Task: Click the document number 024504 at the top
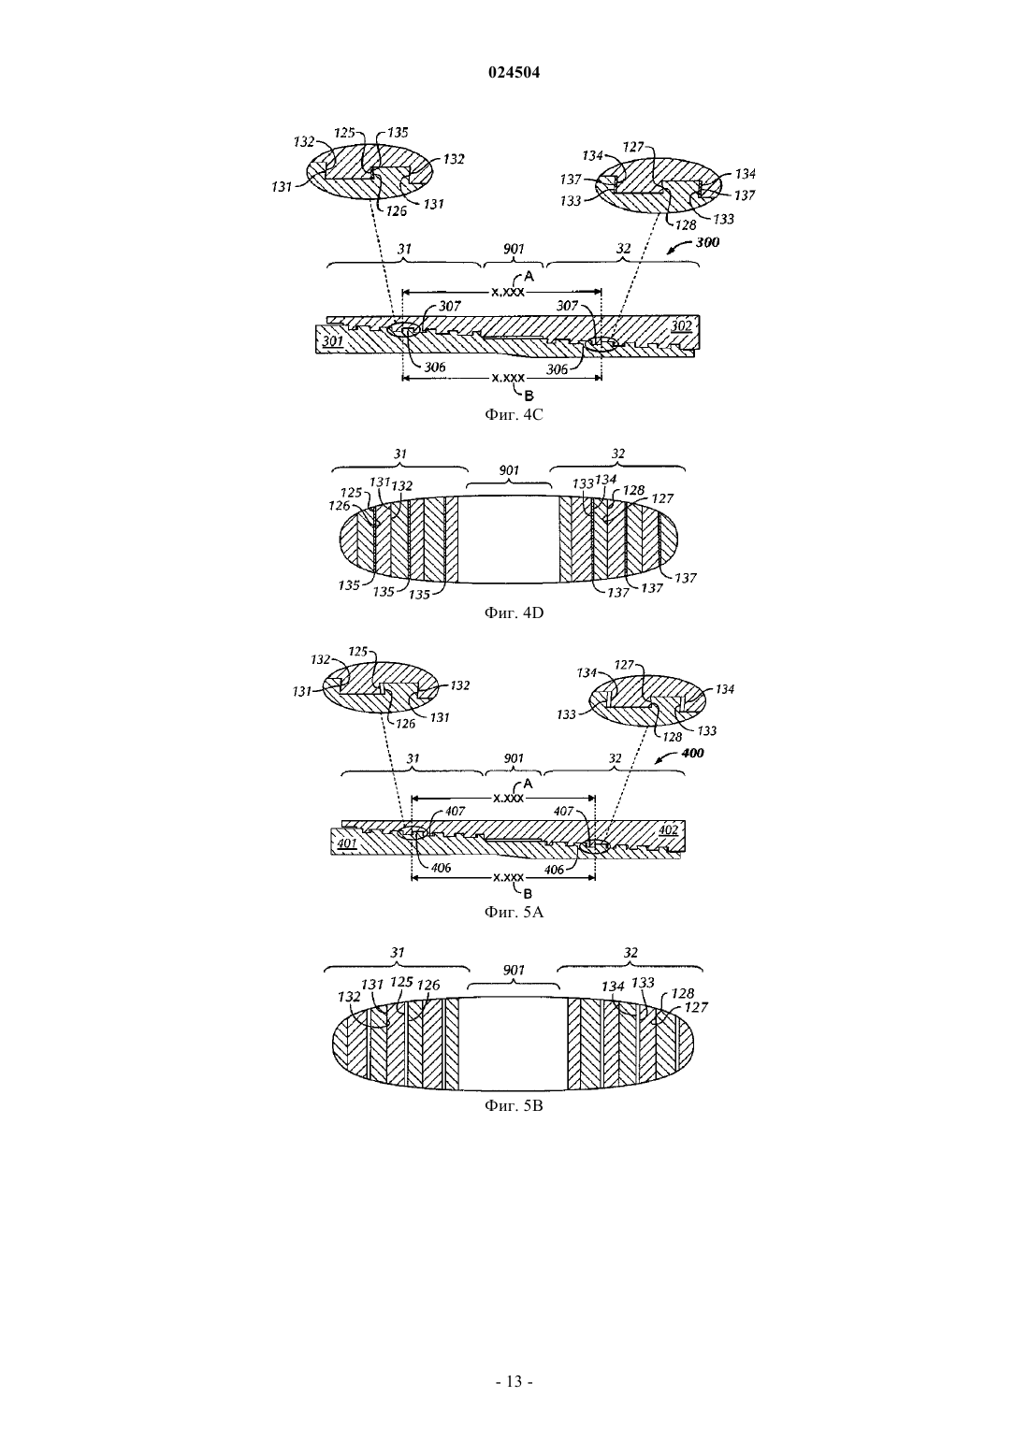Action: [x=514, y=73]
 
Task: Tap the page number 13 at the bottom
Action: [x=514, y=1381]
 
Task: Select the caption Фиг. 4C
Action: [x=514, y=414]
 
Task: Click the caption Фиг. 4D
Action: [x=514, y=612]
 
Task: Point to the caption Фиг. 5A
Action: [x=514, y=912]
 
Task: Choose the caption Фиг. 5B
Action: [x=514, y=1105]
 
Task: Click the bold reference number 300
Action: [x=707, y=242]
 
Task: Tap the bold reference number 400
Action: [x=692, y=753]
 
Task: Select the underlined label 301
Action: [x=333, y=340]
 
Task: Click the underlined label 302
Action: [x=681, y=326]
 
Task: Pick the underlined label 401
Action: [x=347, y=843]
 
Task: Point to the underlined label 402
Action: [x=668, y=829]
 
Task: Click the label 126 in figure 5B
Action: [x=428, y=985]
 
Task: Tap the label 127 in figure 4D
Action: [x=662, y=498]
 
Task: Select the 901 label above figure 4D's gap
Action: [x=509, y=469]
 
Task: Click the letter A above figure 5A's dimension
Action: [x=529, y=784]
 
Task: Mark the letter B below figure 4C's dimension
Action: [x=529, y=395]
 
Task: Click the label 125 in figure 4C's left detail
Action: [x=344, y=133]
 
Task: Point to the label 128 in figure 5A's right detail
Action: [x=673, y=737]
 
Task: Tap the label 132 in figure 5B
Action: [x=350, y=997]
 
